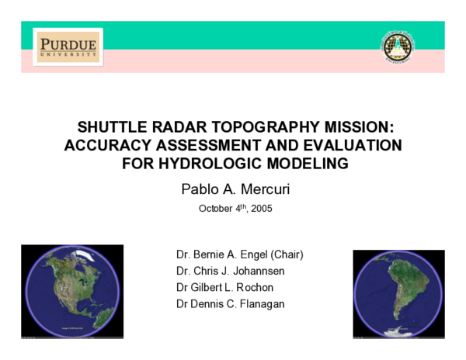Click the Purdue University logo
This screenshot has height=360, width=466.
point(68,47)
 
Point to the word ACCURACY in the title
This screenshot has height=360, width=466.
point(102,146)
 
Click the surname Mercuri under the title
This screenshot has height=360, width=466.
point(262,188)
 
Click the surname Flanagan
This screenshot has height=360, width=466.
point(259,303)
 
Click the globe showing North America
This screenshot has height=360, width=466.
point(71,292)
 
